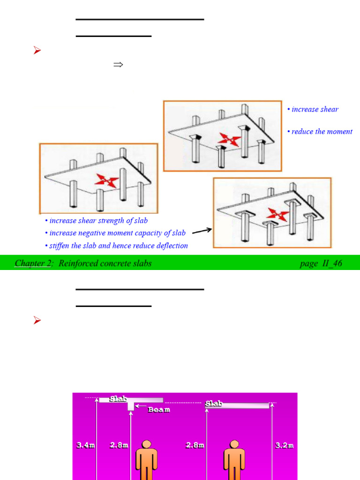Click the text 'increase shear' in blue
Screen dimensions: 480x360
[x=315, y=109]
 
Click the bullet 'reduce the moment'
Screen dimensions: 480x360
[x=322, y=132]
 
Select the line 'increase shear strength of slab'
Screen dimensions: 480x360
[x=98, y=220]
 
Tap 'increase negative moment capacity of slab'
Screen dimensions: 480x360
[x=117, y=233]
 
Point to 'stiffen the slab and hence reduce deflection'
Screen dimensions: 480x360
[x=118, y=246]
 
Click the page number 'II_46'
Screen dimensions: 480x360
[x=331, y=263]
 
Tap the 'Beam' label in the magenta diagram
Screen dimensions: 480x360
[x=159, y=410]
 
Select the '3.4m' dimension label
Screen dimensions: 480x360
[x=86, y=445]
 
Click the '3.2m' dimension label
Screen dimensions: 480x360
[x=285, y=445]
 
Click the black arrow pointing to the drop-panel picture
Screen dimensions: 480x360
[x=202, y=230]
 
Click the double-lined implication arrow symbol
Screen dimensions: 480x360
[x=118, y=65]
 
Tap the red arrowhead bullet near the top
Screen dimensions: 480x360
[x=37, y=51]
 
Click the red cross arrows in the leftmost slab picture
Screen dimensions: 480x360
[x=105, y=180]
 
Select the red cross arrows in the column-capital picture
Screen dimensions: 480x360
[x=230, y=139]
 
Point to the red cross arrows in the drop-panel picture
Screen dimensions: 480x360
[x=277, y=215]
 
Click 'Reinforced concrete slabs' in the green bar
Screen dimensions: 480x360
[x=105, y=263]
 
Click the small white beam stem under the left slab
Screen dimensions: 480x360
[x=131, y=406]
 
